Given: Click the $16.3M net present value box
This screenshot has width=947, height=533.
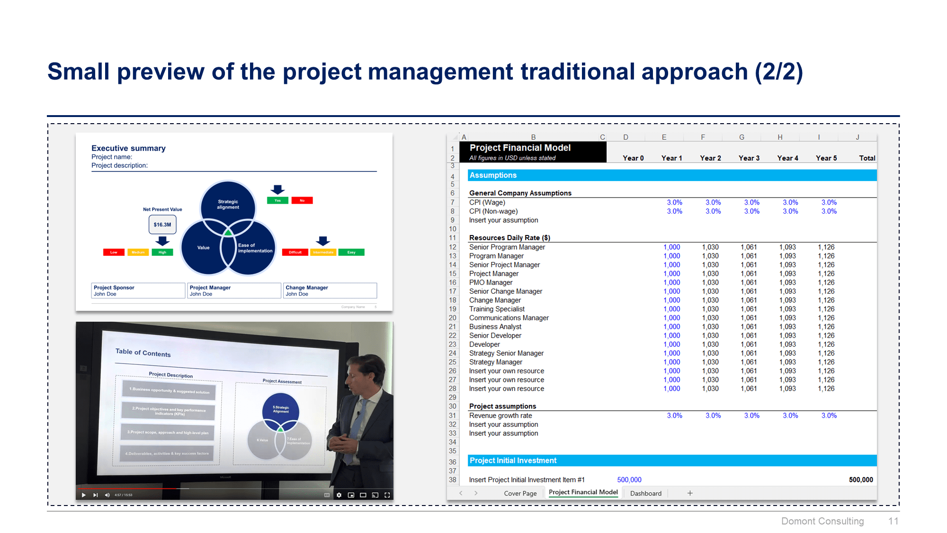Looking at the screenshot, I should [x=162, y=225].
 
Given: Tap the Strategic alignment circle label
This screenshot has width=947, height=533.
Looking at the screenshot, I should [x=228, y=204].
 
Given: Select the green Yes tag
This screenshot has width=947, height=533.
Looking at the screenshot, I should [x=277, y=200].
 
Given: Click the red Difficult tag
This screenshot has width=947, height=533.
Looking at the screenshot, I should [x=295, y=252].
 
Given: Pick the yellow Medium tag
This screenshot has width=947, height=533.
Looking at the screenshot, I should [x=138, y=252].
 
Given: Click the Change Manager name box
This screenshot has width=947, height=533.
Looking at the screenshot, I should [x=330, y=290].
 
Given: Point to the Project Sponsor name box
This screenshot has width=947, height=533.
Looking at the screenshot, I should [x=138, y=290].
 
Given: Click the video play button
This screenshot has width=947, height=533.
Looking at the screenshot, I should [x=84, y=495].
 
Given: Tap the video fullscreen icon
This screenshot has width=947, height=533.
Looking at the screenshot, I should [x=387, y=495].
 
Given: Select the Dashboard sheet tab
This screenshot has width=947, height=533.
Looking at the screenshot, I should [x=645, y=493].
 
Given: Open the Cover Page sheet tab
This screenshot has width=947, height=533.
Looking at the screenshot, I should [x=520, y=493].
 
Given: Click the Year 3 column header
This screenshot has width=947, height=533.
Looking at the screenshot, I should [x=749, y=158].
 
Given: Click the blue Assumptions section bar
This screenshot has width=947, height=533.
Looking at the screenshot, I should [x=671, y=175].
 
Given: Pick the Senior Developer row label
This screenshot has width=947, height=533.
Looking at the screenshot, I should [x=495, y=335].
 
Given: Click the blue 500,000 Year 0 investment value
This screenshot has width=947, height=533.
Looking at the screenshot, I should [x=629, y=480].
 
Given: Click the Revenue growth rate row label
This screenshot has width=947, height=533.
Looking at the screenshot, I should [x=500, y=416].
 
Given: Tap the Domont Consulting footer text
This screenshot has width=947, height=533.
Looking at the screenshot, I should [x=822, y=521].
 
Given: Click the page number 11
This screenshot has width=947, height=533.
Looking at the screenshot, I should [x=893, y=521].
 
